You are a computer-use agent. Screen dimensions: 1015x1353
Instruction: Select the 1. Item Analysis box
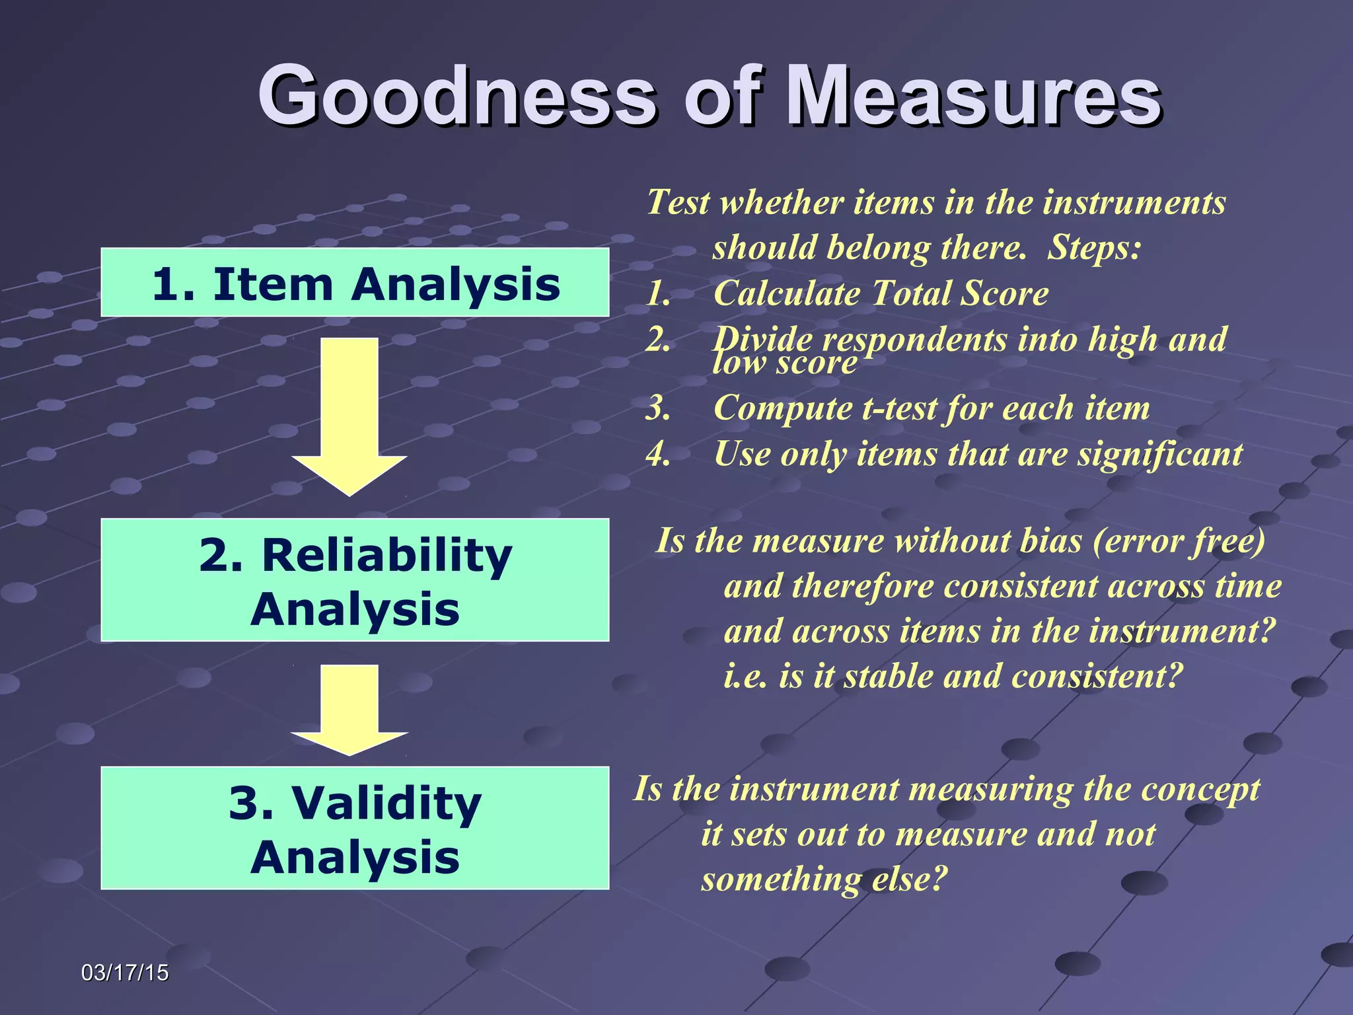355,283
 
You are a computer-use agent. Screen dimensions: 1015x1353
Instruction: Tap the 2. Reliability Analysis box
355,580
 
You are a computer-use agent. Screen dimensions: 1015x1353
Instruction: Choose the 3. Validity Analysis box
355,829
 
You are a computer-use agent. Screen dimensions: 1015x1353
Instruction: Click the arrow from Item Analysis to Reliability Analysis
349,416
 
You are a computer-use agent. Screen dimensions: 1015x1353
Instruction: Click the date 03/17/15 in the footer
125,973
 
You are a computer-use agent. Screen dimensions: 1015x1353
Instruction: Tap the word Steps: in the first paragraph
1094,248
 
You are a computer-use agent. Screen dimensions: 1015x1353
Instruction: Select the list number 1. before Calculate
658,293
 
